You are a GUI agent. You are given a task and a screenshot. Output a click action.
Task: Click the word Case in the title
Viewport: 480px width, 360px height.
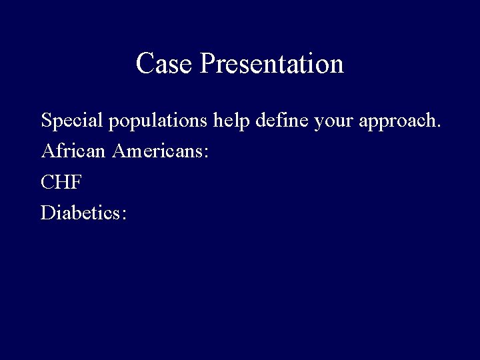click(165, 64)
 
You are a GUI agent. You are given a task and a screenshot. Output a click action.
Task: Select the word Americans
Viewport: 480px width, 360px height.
click(159, 151)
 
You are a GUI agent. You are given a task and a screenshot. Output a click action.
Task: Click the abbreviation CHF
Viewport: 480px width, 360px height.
click(61, 182)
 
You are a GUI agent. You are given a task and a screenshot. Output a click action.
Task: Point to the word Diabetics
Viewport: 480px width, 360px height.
click(81, 213)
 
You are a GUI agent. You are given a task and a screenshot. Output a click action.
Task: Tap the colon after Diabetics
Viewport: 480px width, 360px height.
click(123, 215)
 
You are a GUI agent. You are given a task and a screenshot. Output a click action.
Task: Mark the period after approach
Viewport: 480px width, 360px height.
click(439, 127)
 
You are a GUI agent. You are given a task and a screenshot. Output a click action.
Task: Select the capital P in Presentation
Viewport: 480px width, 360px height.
click(207, 64)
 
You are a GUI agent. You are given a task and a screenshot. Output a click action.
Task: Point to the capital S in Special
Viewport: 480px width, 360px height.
click(46, 121)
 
